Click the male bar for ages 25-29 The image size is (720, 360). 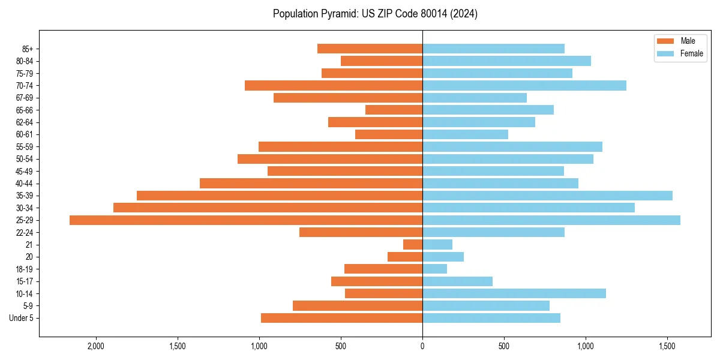click(x=246, y=220)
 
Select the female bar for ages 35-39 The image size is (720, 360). click(x=547, y=196)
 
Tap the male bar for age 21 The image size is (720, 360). click(x=413, y=245)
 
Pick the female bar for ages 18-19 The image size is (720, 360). click(x=435, y=269)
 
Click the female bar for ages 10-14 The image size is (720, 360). click(x=514, y=293)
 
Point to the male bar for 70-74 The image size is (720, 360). click(x=334, y=85)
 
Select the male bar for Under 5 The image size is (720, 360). click(x=341, y=318)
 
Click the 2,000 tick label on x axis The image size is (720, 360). click(x=96, y=346)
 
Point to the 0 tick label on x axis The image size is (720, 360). click(x=422, y=346)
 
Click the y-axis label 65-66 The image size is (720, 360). click(x=25, y=110)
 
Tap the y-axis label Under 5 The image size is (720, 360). click(x=21, y=318)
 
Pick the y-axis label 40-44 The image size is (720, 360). click(x=25, y=184)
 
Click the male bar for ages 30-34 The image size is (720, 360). click(x=268, y=208)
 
